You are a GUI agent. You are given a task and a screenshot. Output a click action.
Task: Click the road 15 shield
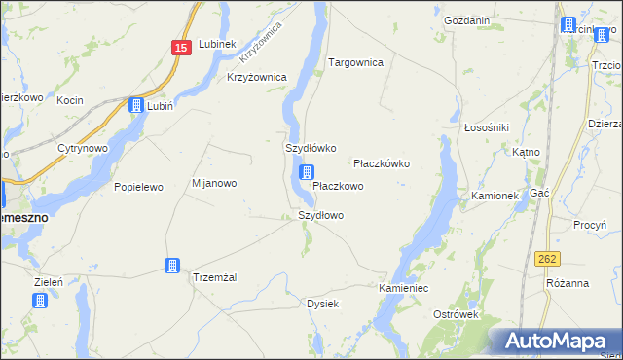point(181,48)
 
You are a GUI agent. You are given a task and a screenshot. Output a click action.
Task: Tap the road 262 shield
point(547,259)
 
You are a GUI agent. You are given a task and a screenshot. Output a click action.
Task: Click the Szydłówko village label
point(311,149)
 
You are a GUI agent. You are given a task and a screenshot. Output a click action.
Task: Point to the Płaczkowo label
point(338,185)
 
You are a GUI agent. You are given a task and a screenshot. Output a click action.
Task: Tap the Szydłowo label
point(320,215)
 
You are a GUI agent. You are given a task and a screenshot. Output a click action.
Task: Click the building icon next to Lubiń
point(136,106)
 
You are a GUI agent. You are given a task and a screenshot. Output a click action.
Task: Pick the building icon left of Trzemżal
point(172,266)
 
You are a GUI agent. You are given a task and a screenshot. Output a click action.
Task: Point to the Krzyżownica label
point(256,77)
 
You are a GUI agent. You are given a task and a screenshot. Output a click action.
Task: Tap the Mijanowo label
point(214,183)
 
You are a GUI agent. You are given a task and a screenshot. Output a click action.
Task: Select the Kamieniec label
point(404,290)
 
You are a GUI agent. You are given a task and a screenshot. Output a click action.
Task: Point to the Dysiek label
point(322,304)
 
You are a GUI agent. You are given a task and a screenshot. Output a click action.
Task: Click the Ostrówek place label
point(458,314)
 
